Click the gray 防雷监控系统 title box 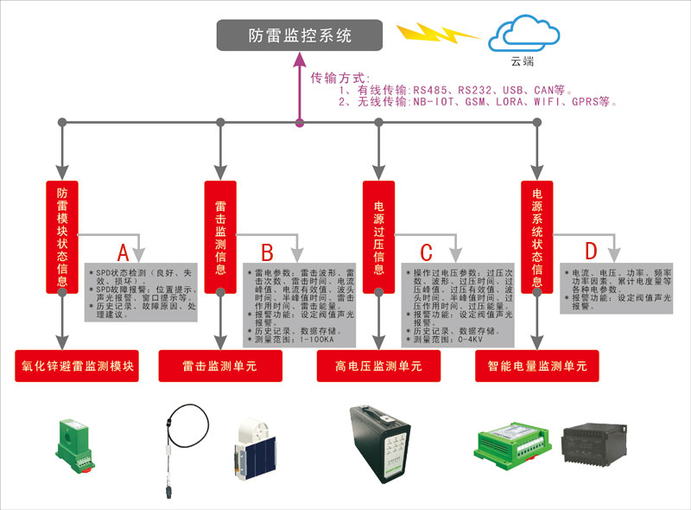pyautogui.click(x=300, y=35)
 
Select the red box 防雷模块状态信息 pyautogui.click(x=62, y=236)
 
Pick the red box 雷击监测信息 pyautogui.click(x=220, y=236)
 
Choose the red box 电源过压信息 pyautogui.click(x=378, y=236)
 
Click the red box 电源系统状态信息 pyautogui.click(x=537, y=236)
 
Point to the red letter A pyautogui.click(x=123, y=253)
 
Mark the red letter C pyautogui.click(x=426, y=253)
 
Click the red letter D pyautogui.click(x=591, y=252)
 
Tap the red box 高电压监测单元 pyautogui.click(x=378, y=367)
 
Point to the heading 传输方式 pyautogui.click(x=340, y=78)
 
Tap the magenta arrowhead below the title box pyautogui.click(x=300, y=59)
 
